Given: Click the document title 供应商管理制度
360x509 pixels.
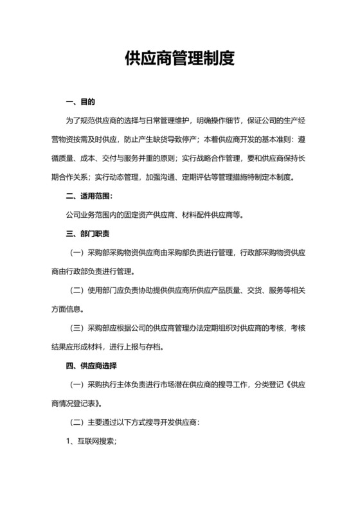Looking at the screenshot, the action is tap(179, 59).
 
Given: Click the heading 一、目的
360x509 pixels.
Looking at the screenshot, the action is tap(80, 102).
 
